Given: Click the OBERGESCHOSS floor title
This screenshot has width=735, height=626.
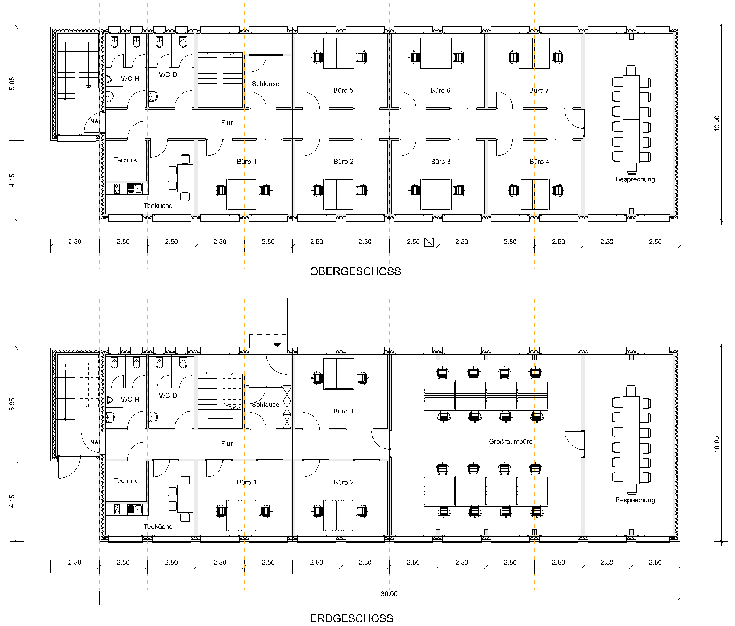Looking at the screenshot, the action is point(355,271).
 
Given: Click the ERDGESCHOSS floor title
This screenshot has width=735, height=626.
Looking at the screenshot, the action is point(352,618).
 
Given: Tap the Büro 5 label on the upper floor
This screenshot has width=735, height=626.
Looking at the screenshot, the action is point(343,91).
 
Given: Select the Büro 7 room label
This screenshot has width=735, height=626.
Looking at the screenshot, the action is point(539,91).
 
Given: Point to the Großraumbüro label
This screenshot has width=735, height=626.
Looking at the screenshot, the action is point(511,442).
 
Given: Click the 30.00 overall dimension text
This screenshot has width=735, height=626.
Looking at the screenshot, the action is point(389,594).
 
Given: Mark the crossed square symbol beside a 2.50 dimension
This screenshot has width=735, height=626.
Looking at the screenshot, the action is point(429,242).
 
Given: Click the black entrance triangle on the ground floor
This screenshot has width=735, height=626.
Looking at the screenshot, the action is point(277,345).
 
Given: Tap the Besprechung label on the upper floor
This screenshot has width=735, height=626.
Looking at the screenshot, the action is point(635,179).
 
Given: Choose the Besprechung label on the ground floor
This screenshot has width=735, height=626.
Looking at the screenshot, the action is point(635,500).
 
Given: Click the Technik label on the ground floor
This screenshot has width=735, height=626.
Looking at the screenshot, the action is point(125,481).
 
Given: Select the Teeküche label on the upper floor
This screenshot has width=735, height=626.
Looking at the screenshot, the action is point(158,206).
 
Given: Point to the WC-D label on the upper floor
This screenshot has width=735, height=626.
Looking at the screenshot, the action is point(168,75).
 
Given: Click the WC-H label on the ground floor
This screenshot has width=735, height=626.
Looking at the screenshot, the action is point(130,400).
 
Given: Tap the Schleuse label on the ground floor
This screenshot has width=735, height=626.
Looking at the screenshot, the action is point(266,405).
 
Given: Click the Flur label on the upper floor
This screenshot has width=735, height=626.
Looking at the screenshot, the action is point(227,123).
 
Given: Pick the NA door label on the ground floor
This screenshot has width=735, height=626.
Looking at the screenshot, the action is point(94,442).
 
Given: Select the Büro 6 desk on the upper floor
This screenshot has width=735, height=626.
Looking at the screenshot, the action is point(436,53).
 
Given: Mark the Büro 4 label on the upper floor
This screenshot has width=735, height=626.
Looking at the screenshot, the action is point(539,162).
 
